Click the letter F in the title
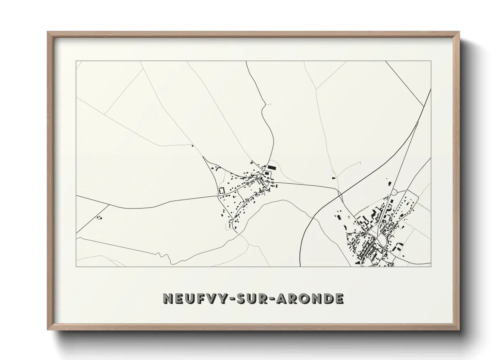199,299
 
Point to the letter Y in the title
222,299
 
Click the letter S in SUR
240,299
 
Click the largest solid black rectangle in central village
271,167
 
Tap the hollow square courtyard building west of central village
222,190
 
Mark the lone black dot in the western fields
192,146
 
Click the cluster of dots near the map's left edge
99,217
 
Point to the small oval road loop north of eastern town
394,192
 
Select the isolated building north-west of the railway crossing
333,177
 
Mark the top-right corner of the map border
431,61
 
